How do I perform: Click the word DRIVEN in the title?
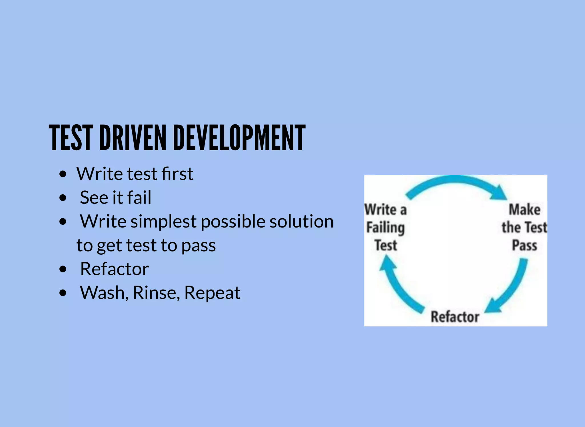pyautogui.click(x=133, y=138)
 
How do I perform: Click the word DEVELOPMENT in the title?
pyautogui.click(x=239, y=138)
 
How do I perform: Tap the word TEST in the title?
pyautogui.click(x=71, y=138)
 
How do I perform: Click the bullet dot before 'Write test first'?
pyautogui.click(x=63, y=174)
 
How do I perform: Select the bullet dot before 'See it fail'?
pyautogui.click(x=63, y=198)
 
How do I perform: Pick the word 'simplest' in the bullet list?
pyautogui.click(x=163, y=222)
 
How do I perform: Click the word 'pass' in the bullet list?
pyautogui.click(x=199, y=245)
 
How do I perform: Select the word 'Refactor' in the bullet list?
pyautogui.click(x=114, y=269)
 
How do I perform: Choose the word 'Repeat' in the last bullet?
pyautogui.click(x=212, y=293)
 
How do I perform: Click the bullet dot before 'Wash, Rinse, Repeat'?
pyautogui.click(x=63, y=293)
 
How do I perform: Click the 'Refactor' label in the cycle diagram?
pyautogui.click(x=455, y=317)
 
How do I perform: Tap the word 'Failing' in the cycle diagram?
pyautogui.click(x=385, y=228)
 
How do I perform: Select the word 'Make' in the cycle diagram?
pyautogui.click(x=524, y=209)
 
